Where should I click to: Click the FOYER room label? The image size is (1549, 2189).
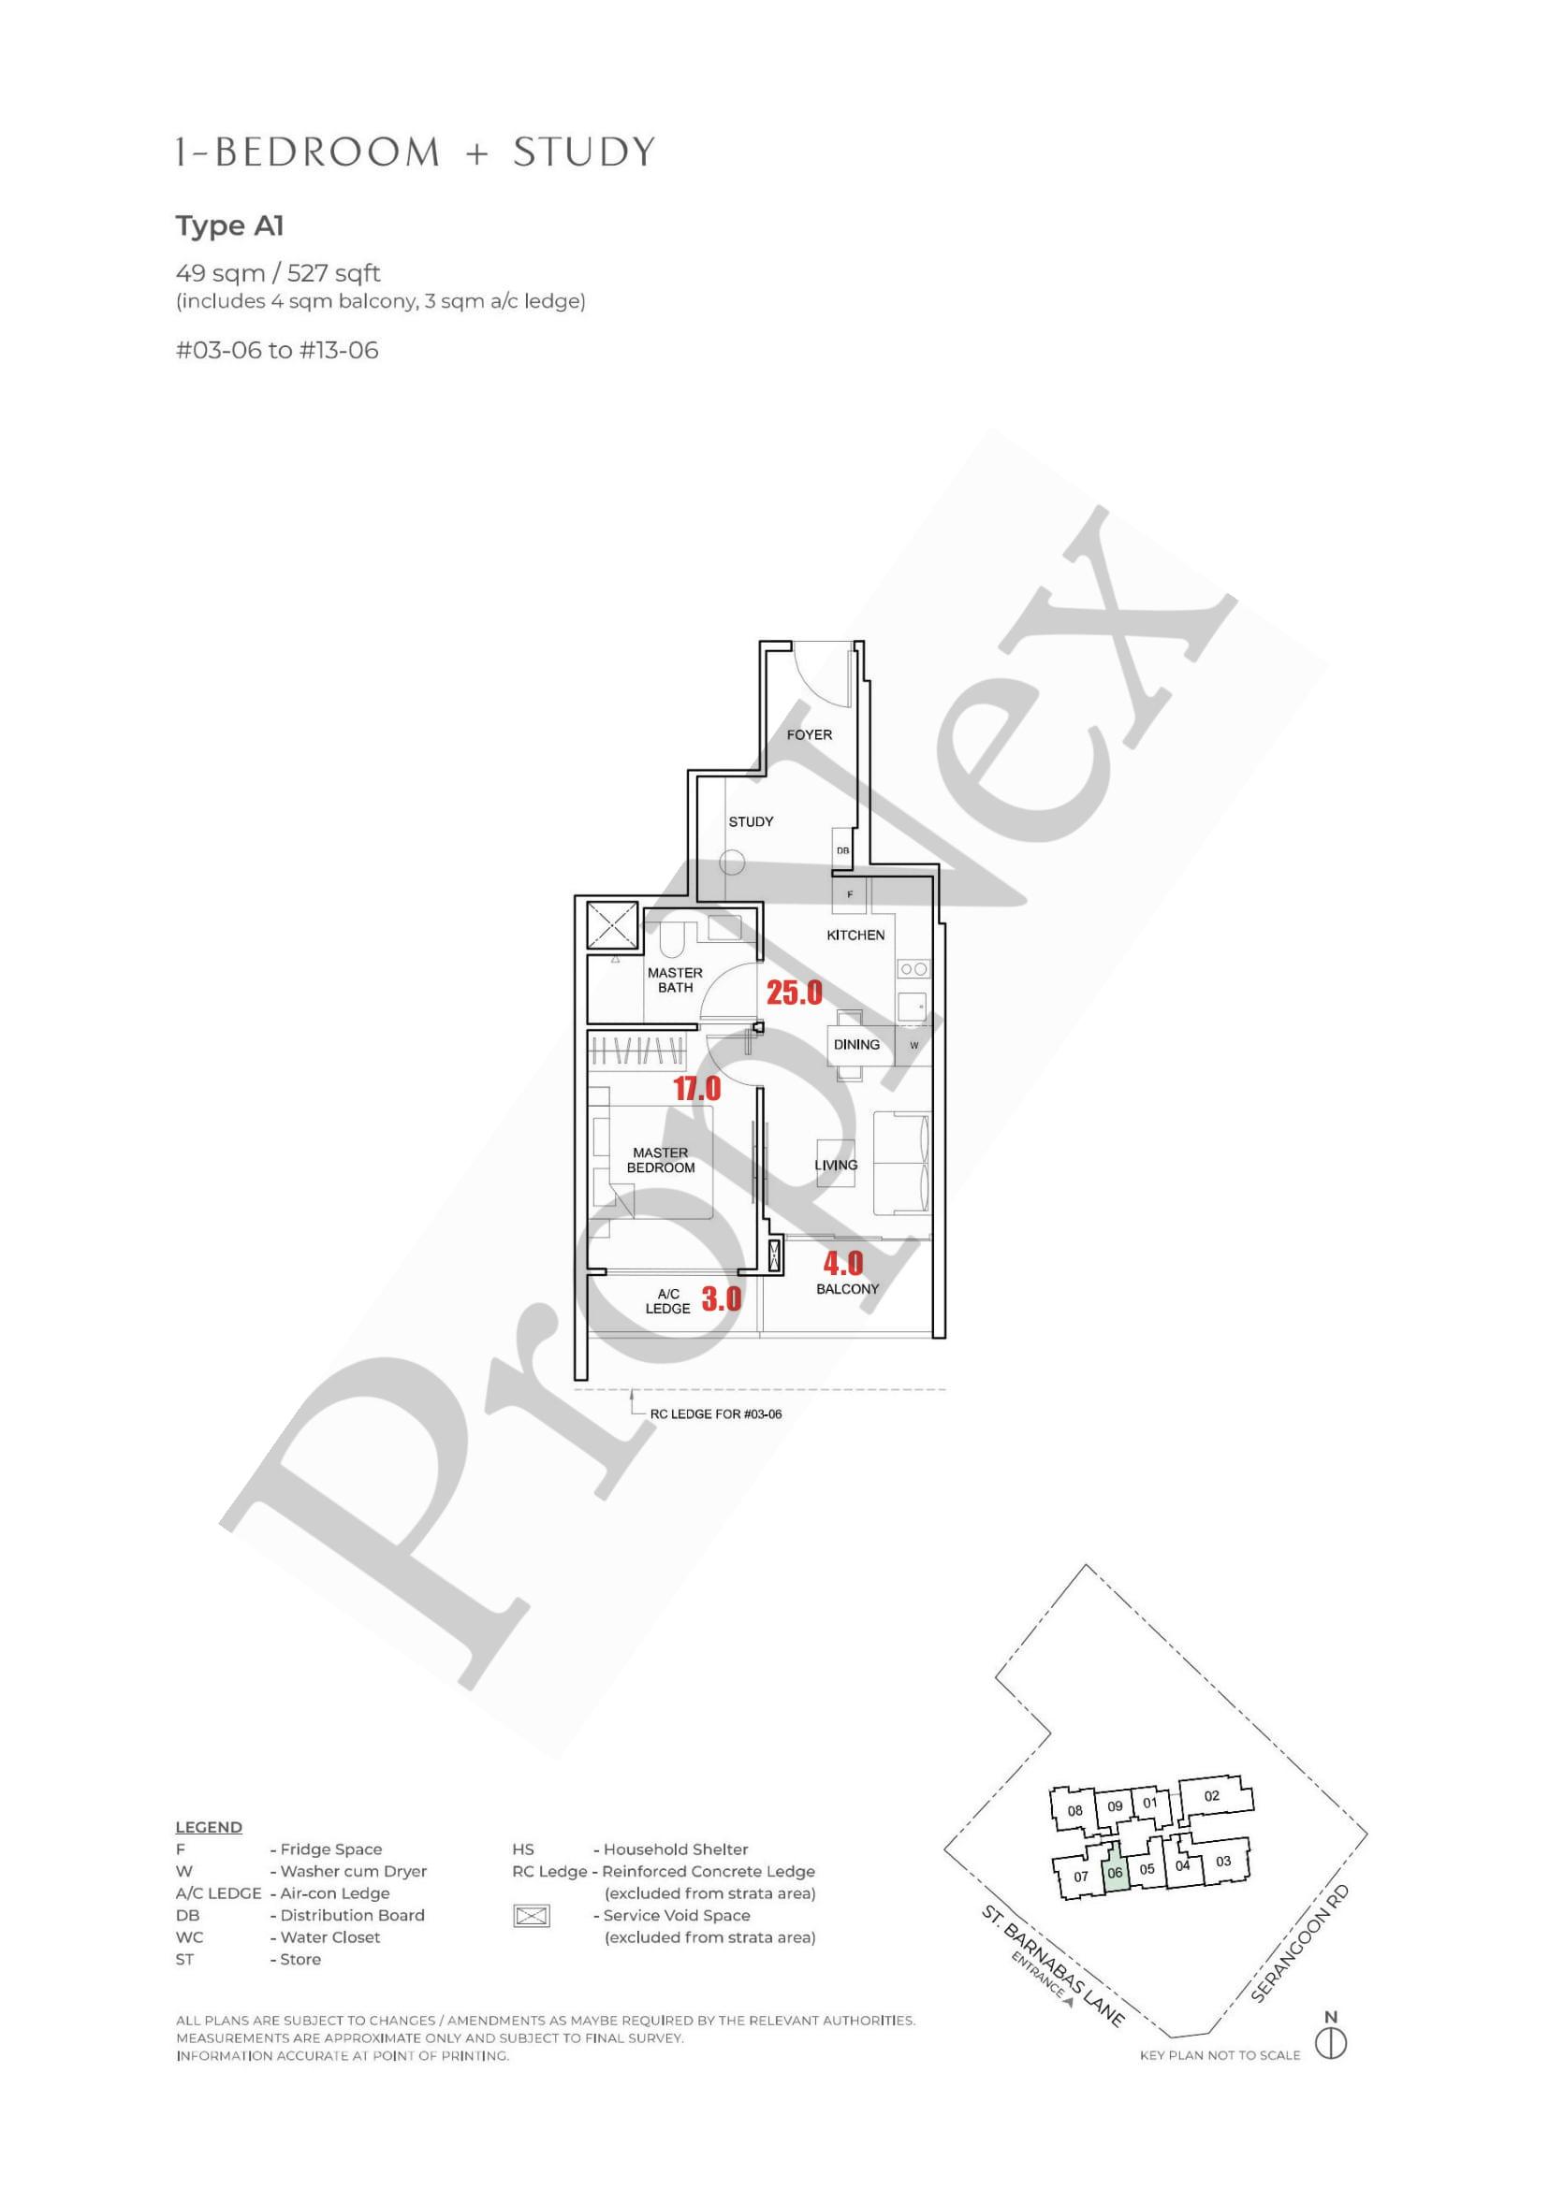coord(809,735)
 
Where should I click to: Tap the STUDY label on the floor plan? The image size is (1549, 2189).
coord(751,822)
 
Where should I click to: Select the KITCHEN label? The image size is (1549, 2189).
coord(855,935)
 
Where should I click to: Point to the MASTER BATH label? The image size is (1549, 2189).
coord(676,980)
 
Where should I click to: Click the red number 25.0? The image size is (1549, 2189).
coord(795,993)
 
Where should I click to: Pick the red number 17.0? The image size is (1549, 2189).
coord(697,1088)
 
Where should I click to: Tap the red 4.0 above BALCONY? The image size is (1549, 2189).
coord(843,1263)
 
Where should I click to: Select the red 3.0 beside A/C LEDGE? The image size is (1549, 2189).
coord(721,1298)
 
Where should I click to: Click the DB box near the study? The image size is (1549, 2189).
coord(842,850)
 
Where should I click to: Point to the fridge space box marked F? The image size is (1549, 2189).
coord(850,894)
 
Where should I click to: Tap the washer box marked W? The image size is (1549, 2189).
coord(913,1045)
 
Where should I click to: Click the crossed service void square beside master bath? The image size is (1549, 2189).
coord(611,924)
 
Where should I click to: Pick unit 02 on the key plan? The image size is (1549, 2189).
coord(1212,1796)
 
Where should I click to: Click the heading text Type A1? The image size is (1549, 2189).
coord(230,227)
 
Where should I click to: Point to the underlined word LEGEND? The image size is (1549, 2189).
coord(209,1828)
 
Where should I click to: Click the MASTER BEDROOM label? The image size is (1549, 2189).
coord(660,1160)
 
